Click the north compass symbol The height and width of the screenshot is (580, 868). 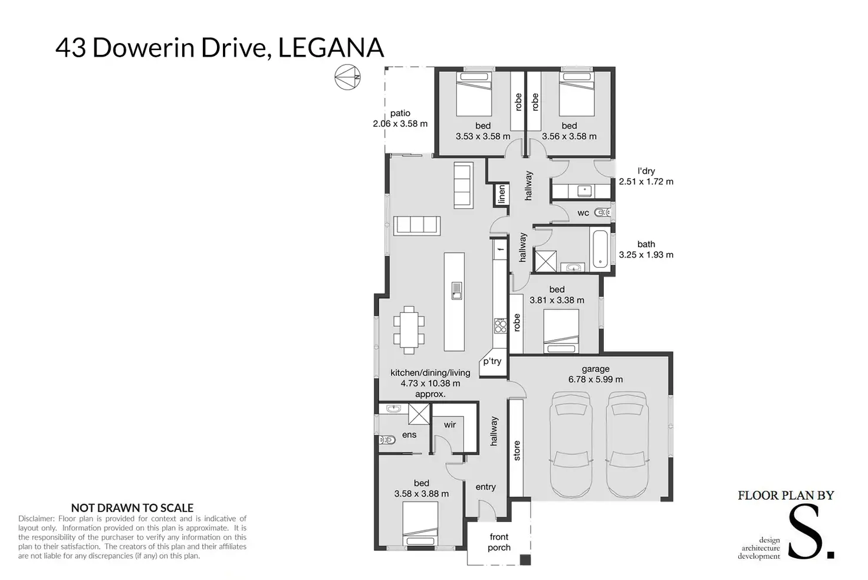pos(347,77)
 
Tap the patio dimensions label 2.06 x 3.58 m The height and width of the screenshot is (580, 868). pos(400,124)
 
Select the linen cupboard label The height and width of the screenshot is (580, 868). pos(501,194)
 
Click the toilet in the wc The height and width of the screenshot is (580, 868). pos(602,212)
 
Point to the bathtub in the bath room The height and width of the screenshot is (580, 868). pos(600,249)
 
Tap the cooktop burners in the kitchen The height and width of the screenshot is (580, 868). pos(500,326)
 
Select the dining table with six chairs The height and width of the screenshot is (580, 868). pos(409,330)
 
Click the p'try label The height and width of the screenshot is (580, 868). pos(492,361)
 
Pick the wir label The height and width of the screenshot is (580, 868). pos(450,425)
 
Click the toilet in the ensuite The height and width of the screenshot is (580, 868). pos(387,440)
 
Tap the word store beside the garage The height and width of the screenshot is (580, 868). pos(517,451)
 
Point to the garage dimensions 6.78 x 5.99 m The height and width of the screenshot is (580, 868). pos(596,379)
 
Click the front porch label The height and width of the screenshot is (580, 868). pos(499,542)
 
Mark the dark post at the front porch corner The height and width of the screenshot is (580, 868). pos(525,560)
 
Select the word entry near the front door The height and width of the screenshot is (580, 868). pos(485,487)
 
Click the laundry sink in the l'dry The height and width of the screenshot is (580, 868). pos(584,191)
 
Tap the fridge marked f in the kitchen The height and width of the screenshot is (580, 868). pos(500,250)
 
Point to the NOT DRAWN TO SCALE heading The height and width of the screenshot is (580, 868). pos(132,508)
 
